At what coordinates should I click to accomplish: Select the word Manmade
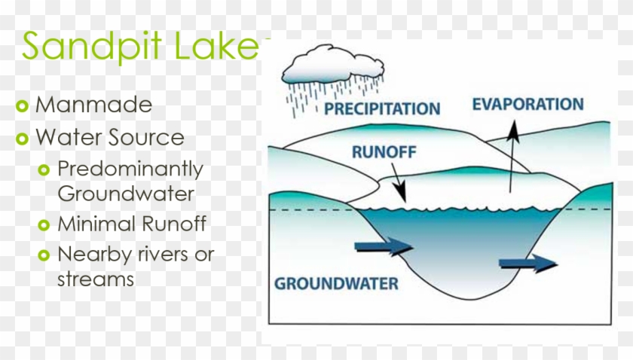point(93,105)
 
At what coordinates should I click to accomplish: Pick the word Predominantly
point(130,168)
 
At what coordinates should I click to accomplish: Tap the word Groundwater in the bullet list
point(126,194)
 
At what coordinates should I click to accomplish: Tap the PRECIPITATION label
point(382,109)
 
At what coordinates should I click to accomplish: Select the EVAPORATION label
point(527,105)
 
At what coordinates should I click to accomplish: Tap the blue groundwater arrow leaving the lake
point(527,262)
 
